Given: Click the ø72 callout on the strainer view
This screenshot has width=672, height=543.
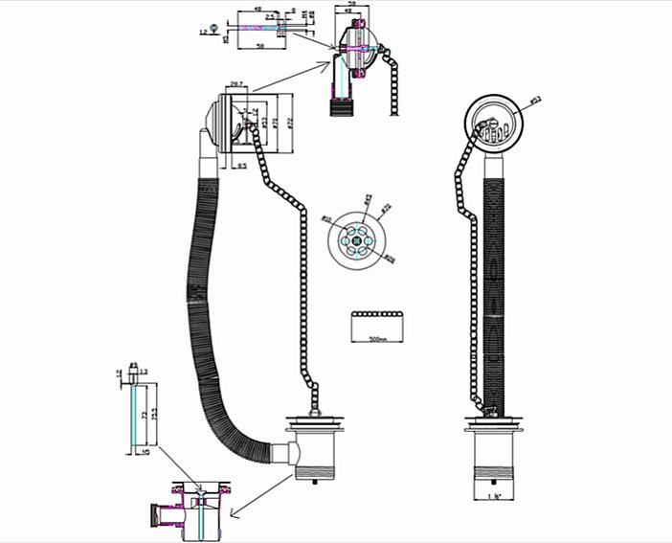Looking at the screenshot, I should [387, 208].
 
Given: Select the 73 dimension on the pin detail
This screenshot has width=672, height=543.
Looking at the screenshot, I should [144, 416].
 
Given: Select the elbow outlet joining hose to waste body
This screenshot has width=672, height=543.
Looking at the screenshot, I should [283, 452].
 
